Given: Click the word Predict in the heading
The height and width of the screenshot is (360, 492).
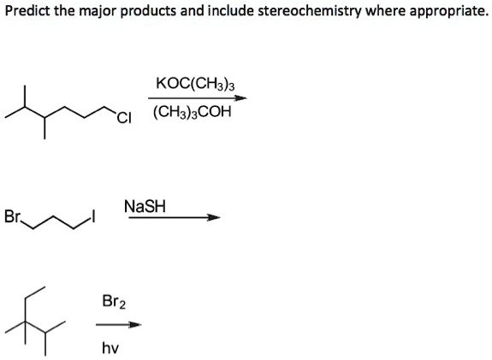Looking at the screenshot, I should (x=25, y=12).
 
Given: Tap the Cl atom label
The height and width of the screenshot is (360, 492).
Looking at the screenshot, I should (x=126, y=118).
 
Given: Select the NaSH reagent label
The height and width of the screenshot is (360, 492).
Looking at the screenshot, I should (x=145, y=206).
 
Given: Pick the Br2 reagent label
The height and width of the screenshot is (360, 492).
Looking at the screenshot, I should (x=113, y=301).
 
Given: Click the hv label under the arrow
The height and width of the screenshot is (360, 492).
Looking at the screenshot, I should (x=110, y=347).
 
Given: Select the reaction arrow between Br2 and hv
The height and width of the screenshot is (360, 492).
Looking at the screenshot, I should (x=117, y=325).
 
